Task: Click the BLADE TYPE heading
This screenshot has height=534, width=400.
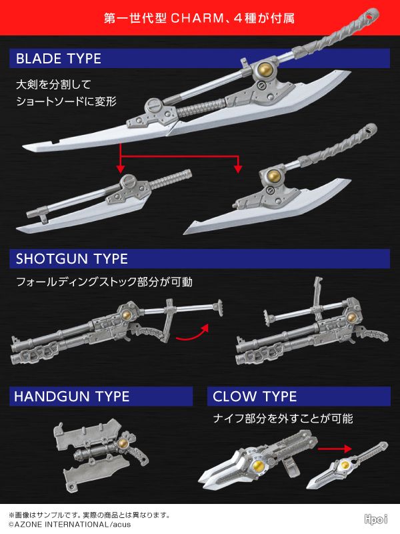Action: point(59,58)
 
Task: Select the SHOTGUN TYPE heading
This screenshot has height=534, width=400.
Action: point(72,258)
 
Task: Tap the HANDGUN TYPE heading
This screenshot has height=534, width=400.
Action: point(72,396)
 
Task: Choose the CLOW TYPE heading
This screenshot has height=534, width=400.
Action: point(255,396)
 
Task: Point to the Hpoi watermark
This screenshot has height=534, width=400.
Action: point(377,519)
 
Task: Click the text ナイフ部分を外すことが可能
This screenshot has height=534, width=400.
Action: point(283,419)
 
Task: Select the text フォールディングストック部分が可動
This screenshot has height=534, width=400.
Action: point(104,282)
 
